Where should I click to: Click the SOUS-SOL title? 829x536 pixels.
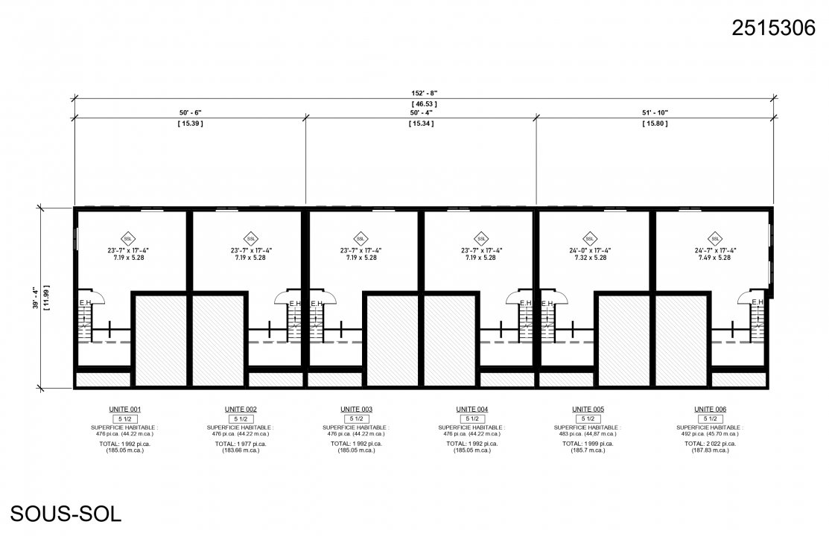tap(66, 513)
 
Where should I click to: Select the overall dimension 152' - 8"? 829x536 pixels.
tap(422, 93)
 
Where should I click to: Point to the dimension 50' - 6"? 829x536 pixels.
tap(186, 112)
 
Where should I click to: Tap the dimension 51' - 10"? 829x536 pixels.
tap(655, 112)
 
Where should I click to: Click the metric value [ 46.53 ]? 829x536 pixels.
tap(422, 103)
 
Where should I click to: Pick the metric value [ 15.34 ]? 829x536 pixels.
tap(422, 123)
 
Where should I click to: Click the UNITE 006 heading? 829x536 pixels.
tap(709, 409)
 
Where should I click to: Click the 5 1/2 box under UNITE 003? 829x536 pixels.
tap(356, 419)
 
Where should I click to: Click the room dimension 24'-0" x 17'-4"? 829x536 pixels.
tap(589, 250)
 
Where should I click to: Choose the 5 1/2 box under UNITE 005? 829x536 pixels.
tap(588, 419)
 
